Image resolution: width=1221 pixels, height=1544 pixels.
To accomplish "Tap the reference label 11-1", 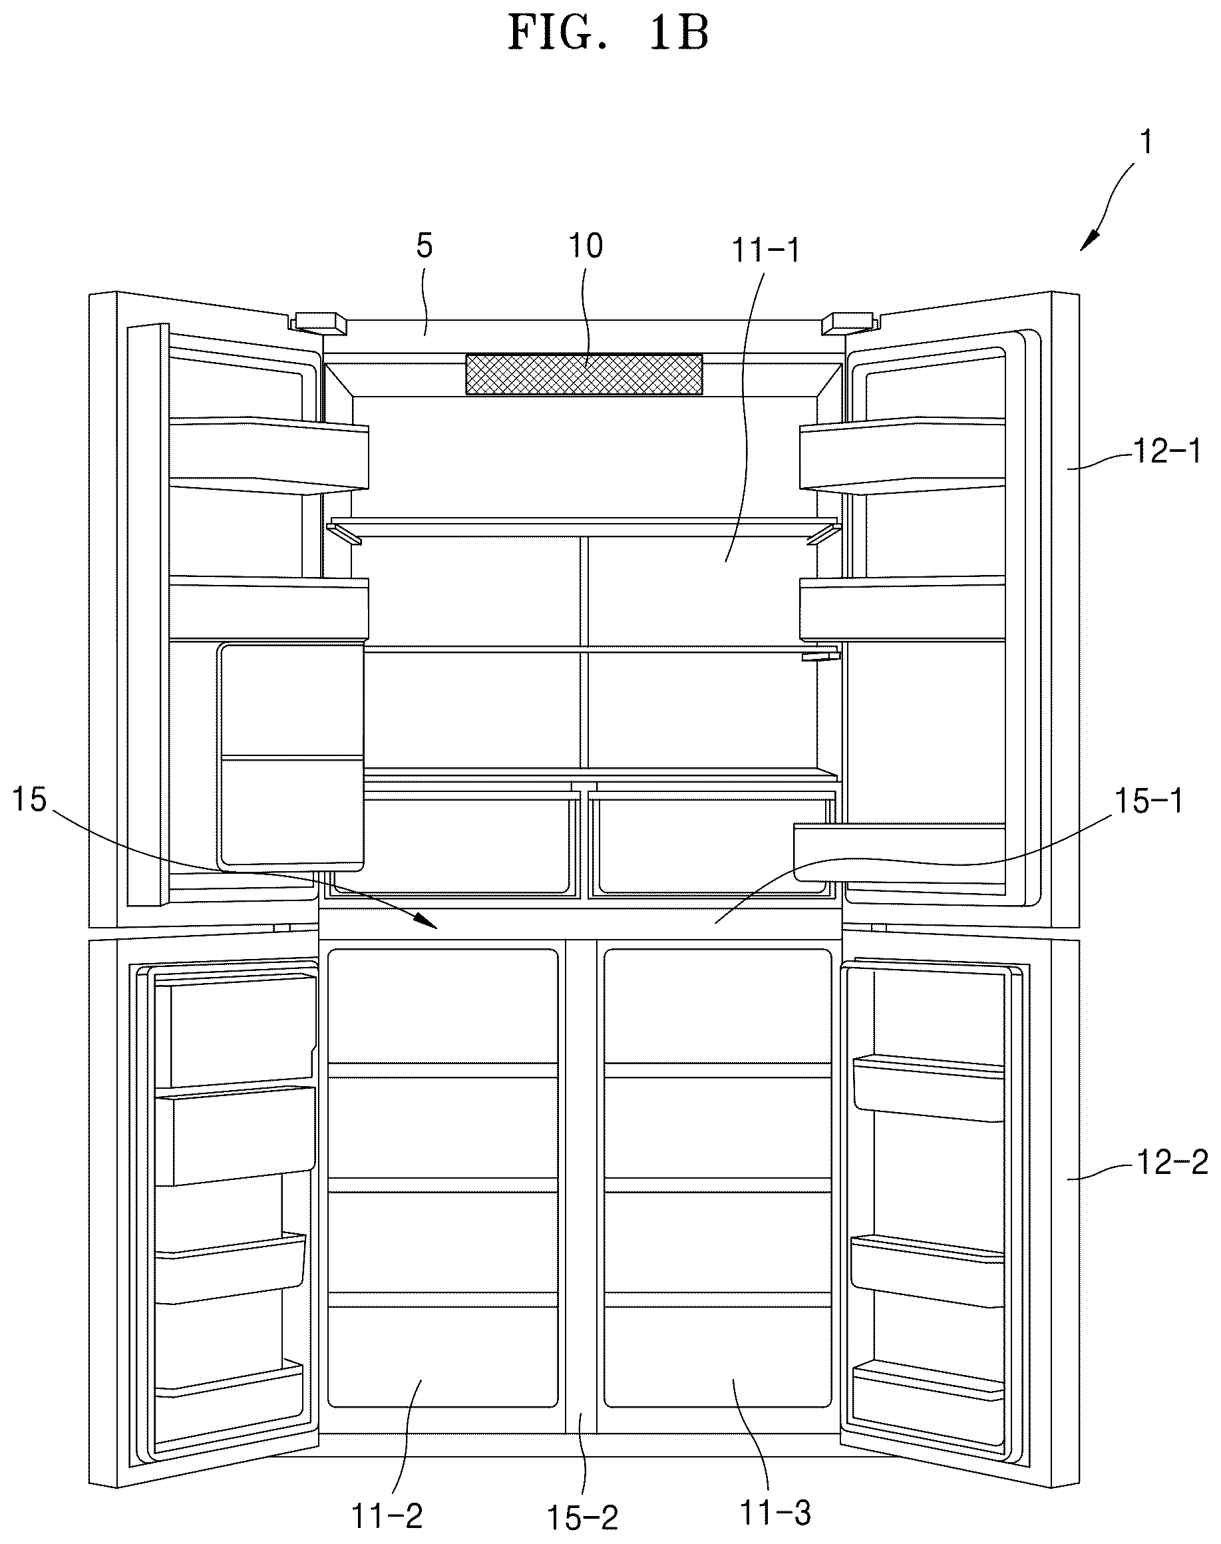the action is [x=765, y=251].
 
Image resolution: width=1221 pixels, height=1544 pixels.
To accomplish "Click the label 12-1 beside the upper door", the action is [x=1167, y=452].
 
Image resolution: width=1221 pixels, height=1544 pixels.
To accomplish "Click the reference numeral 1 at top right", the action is [x=1146, y=142].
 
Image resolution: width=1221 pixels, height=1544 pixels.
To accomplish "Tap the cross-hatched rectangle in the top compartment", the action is [x=584, y=374].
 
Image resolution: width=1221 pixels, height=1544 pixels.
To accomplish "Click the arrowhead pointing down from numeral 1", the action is [x=1089, y=241].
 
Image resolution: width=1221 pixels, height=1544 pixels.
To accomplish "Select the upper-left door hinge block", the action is [x=319, y=321].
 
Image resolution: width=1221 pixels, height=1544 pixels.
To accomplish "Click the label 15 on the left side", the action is [x=29, y=800].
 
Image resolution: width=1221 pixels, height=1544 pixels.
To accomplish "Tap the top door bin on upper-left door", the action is [x=269, y=455].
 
